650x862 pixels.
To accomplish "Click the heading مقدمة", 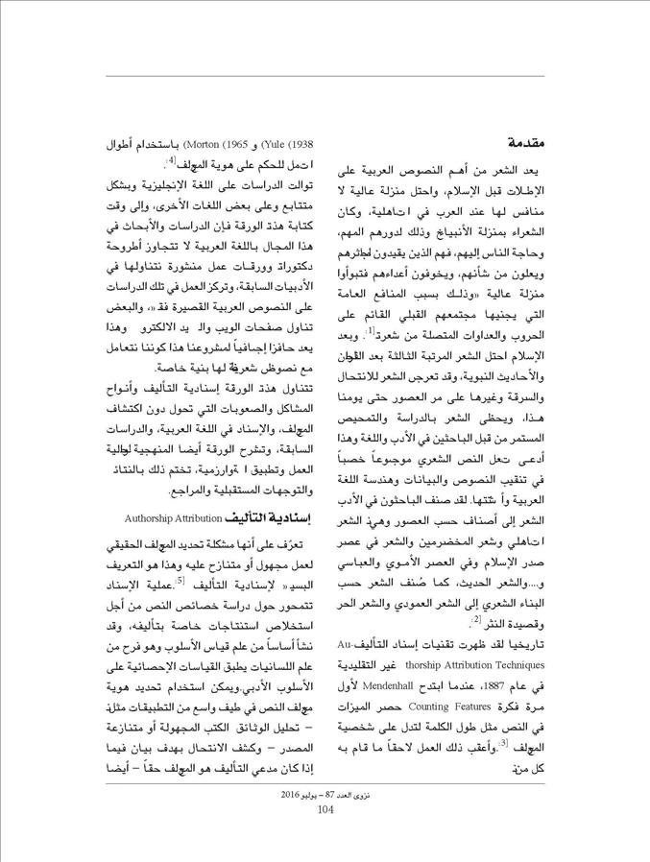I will tap(523, 143).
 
